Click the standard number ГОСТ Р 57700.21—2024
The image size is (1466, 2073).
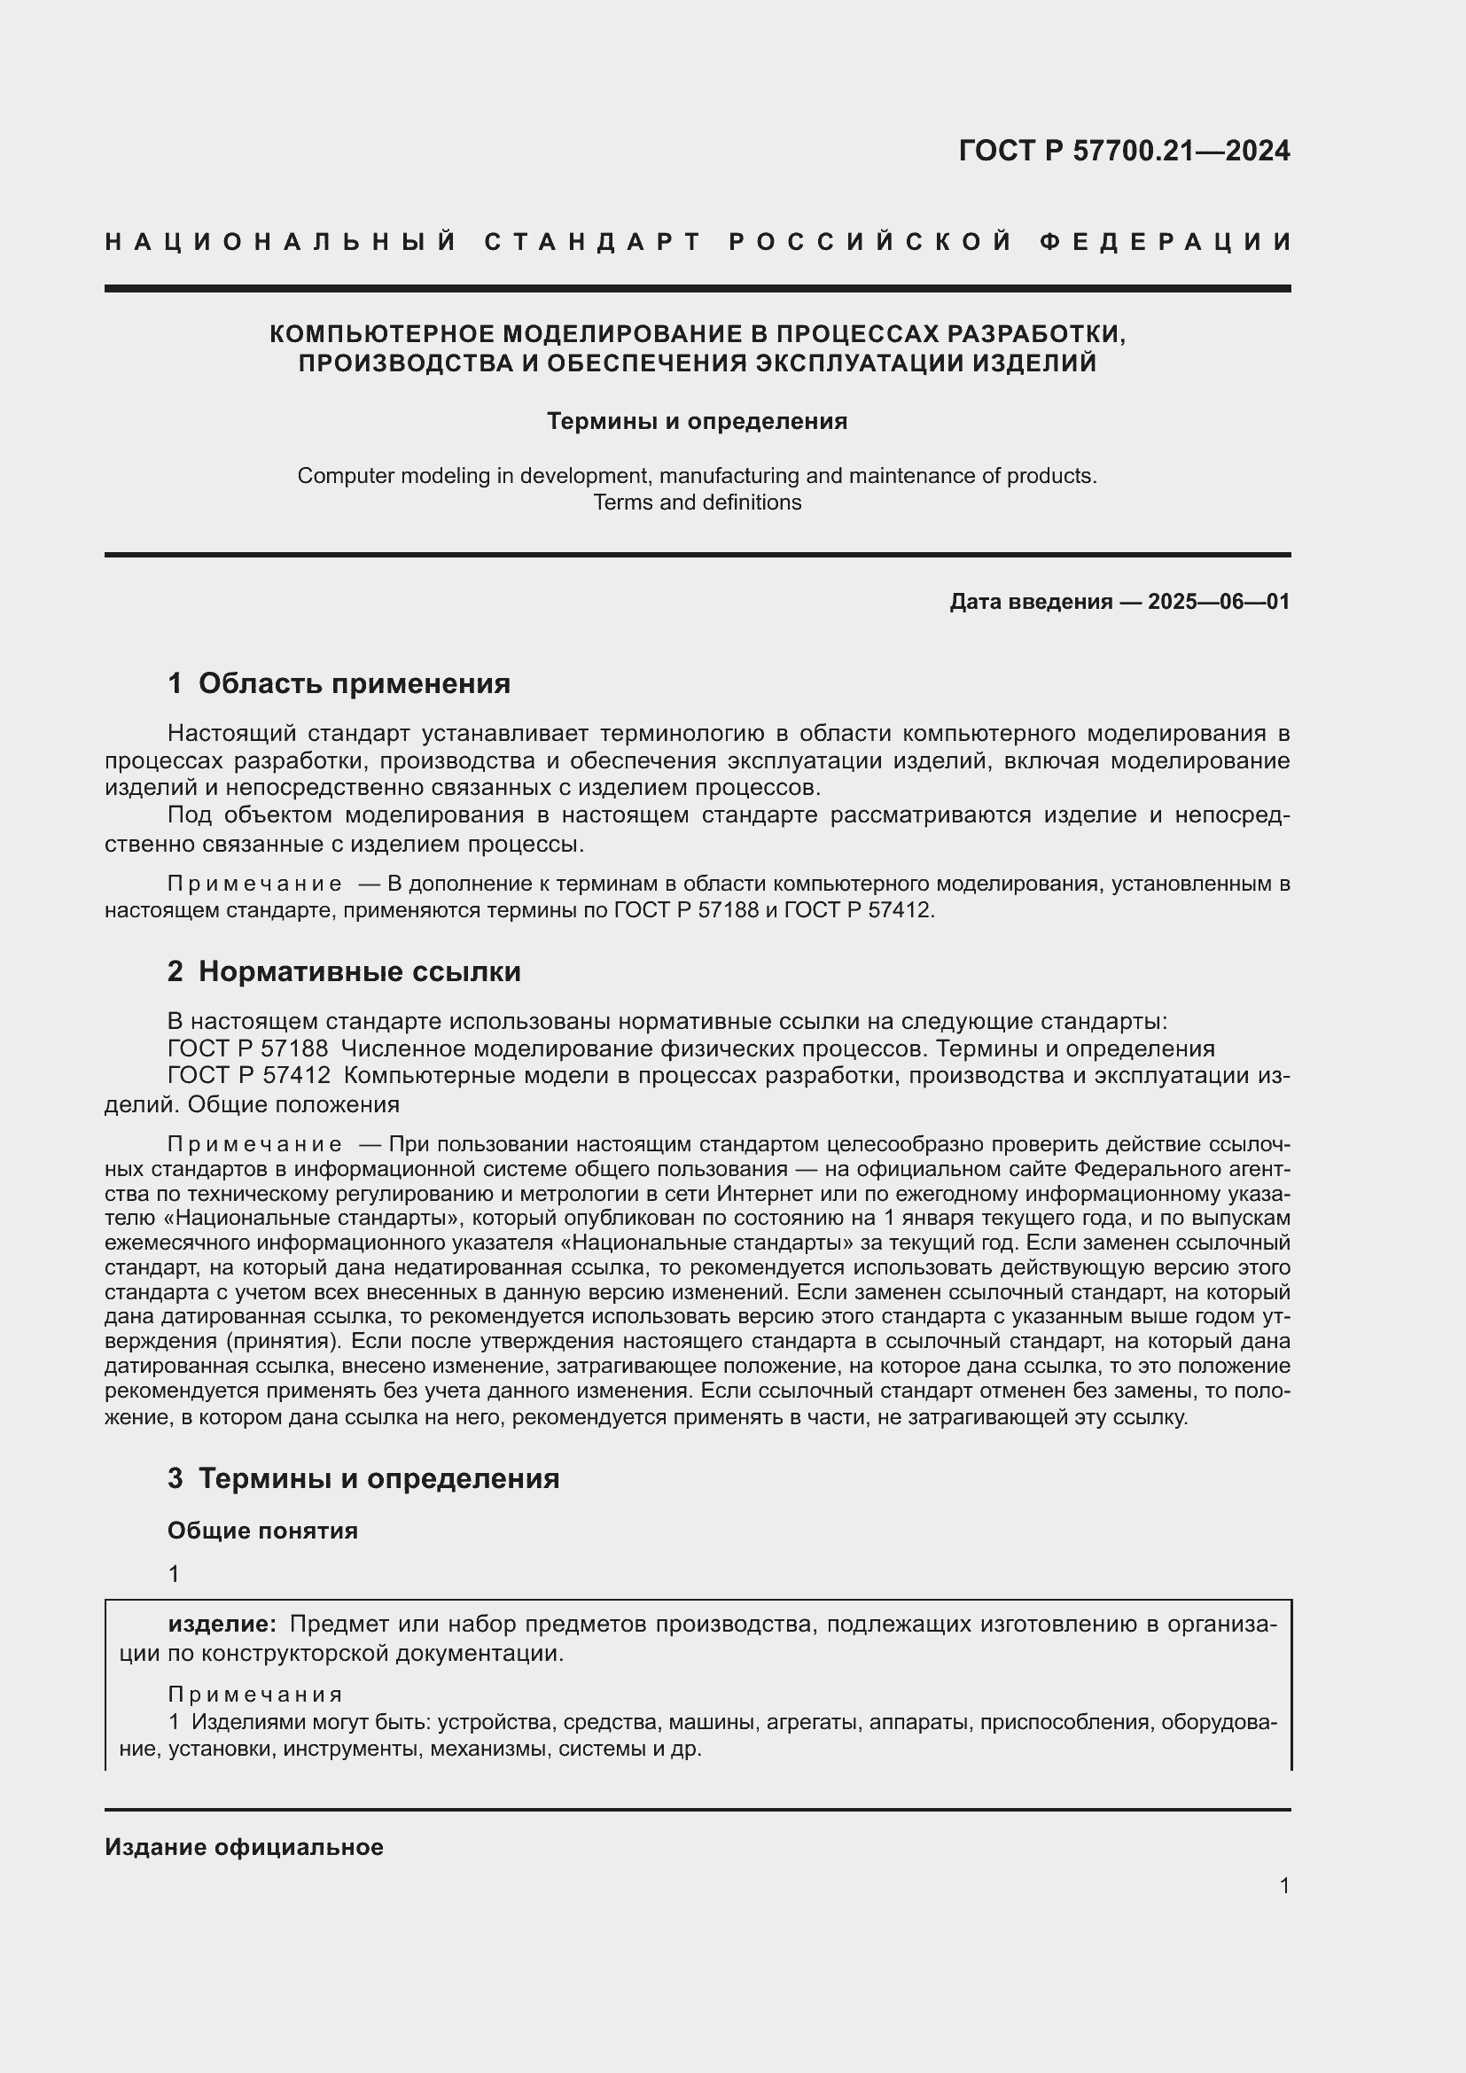pyautogui.click(x=1124, y=151)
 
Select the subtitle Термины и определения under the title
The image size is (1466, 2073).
pyautogui.click(x=697, y=422)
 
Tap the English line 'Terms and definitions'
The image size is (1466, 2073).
pyautogui.click(x=697, y=502)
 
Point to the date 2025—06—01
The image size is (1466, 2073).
pyautogui.click(x=1219, y=601)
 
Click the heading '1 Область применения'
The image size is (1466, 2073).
pyautogui.click(x=339, y=683)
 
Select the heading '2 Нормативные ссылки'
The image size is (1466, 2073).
pyautogui.click(x=344, y=971)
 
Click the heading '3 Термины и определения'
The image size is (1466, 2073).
pyautogui.click(x=363, y=1478)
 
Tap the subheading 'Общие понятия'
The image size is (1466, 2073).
pyautogui.click(x=262, y=1531)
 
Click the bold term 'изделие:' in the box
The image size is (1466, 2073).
pyautogui.click(x=222, y=1625)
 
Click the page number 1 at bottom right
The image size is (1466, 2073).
pyautogui.click(x=1284, y=1885)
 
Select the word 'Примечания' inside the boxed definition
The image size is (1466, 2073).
pyautogui.click(x=255, y=1694)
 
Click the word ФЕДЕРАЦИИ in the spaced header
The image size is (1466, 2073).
pyautogui.click(x=1166, y=242)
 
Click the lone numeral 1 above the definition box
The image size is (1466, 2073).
pyautogui.click(x=174, y=1575)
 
